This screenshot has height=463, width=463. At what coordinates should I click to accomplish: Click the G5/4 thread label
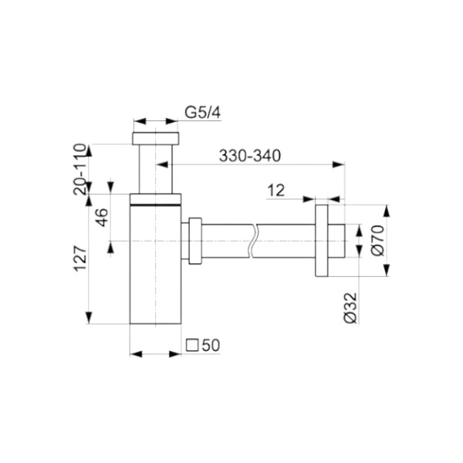[202, 113]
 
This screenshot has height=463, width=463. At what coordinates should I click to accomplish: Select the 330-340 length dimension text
[250, 156]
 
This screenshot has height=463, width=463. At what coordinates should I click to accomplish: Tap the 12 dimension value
[275, 191]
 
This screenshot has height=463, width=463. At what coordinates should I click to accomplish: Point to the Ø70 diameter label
[377, 240]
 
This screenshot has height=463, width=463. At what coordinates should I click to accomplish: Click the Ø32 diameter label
[351, 308]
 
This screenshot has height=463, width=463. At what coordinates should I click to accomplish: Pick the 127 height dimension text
[80, 259]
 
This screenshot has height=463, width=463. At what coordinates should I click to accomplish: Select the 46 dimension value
[103, 217]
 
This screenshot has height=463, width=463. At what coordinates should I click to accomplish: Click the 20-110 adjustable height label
[79, 169]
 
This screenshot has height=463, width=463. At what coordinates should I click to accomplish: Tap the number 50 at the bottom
[211, 345]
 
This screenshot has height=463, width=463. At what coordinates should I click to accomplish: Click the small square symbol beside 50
[192, 345]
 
